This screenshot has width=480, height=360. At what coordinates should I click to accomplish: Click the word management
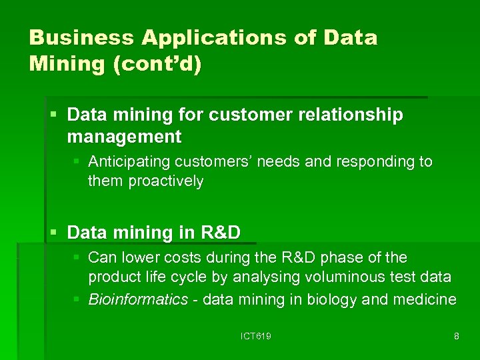tap(124, 137)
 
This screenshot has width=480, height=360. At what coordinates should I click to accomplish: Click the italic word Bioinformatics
tap(139, 300)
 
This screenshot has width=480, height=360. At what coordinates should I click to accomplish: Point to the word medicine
tap(424, 300)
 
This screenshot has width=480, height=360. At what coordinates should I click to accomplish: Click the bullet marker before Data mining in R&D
tap(54, 233)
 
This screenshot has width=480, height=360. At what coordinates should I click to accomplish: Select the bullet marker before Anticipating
tap(77, 162)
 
